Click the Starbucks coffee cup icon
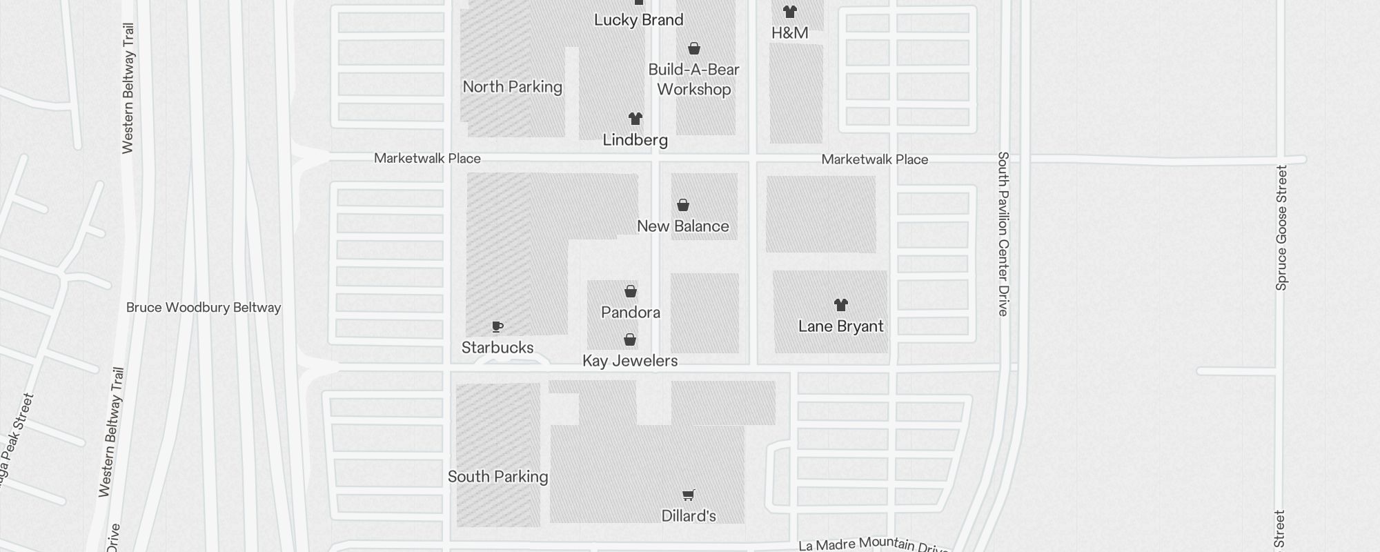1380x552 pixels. tap(497, 326)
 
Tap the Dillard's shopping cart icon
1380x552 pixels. tap(688, 495)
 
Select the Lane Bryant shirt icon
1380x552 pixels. tap(840, 304)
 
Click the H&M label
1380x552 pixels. tap(789, 32)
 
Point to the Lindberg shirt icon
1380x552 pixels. tap(635, 119)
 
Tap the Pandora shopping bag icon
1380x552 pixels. tap(631, 291)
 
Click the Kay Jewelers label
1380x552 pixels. tap(630, 361)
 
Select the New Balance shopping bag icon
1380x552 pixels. tap(683, 205)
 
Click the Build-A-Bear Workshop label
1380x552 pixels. tap(693, 79)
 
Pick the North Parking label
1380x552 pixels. tap(512, 87)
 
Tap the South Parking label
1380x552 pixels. tap(497, 477)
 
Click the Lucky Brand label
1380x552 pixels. tap(638, 20)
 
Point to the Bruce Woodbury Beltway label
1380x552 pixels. tap(204, 308)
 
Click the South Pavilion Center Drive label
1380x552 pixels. tap(1003, 234)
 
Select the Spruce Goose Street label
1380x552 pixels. tap(1281, 228)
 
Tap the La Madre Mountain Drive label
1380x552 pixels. tap(873, 545)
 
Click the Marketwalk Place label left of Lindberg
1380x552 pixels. tap(427, 159)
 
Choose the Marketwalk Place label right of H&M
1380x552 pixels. tap(874, 159)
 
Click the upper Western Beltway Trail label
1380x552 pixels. tap(128, 88)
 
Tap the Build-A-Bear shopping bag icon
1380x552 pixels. tap(694, 48)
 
